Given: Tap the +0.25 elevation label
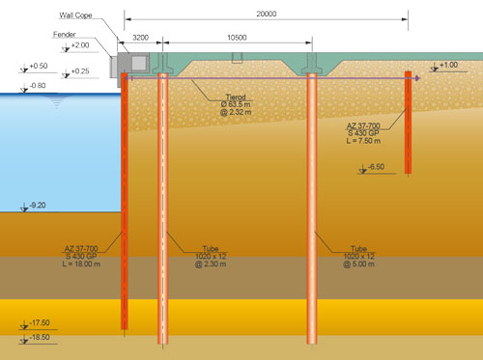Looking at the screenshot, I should (x=79, y=71).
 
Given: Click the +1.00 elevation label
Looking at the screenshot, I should (x=448, y=65).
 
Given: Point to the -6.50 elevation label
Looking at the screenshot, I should (x=377, y=167).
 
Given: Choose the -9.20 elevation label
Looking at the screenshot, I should (x=39, y=206).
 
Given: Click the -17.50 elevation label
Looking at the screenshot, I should (x=39, y=322).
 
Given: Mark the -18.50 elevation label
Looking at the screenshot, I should (x=39, y=338).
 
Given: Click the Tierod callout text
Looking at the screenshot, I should (x=237, y=97).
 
